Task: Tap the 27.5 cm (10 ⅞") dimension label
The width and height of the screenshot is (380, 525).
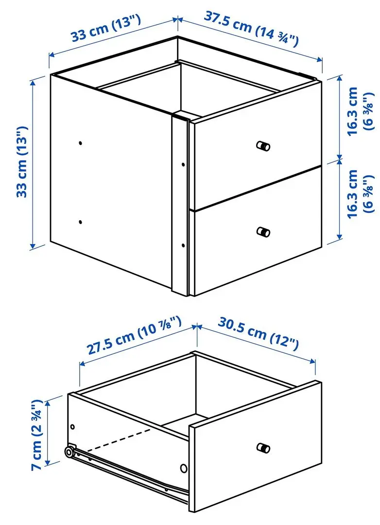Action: [x=134, y=336]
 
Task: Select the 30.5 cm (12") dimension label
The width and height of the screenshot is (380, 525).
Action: [x=258, y=334]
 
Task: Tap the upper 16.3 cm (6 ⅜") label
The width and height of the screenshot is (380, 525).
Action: [x=360, y=110]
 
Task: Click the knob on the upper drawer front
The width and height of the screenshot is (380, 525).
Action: [x=263, y=146]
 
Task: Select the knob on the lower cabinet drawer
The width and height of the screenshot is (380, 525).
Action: [x=263, y=232]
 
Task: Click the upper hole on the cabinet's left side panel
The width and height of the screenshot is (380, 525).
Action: [x=80, y=143]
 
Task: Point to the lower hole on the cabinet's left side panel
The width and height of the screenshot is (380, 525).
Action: [x=80, y=222]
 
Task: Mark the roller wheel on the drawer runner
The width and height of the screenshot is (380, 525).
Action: [x=70, y=452]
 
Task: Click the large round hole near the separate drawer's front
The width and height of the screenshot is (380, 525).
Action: [x=184, y=469]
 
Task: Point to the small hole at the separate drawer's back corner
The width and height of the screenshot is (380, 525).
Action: [x=72, y=426]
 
